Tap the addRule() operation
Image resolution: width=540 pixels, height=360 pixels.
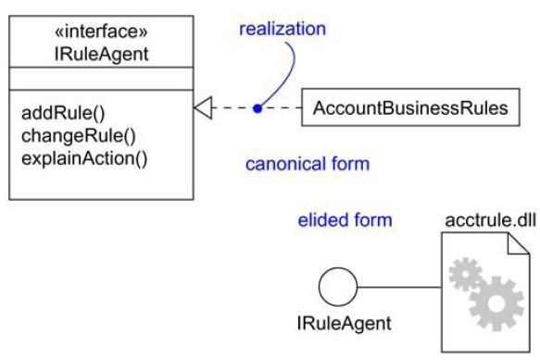(62, 115)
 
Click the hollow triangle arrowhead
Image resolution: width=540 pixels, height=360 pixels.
(203, 108)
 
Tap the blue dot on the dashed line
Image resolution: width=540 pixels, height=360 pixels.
(257, 108)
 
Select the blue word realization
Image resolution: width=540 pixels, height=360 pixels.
(283, 29)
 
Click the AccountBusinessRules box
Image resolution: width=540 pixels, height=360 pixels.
(410, 108)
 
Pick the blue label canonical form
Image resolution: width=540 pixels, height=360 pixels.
(307, 165)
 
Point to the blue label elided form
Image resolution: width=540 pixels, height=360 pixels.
(345, 220)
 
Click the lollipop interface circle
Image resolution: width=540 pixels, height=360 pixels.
(338, 286)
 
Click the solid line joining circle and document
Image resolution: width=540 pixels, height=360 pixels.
(398, 286)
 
